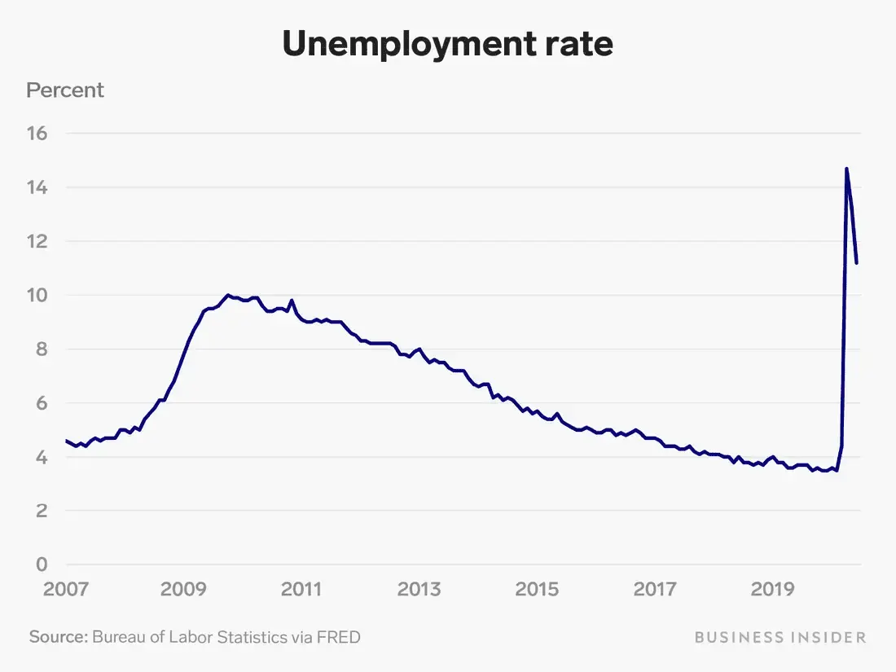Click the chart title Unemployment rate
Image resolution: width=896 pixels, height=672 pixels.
[447, 45]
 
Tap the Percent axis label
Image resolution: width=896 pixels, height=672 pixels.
[65, 90]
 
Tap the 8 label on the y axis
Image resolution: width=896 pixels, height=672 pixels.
[42, 349]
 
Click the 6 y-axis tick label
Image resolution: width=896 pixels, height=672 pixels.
[42, 403]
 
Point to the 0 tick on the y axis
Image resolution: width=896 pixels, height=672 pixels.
[42, 564]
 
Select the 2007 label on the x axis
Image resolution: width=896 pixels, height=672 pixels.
[65, 589]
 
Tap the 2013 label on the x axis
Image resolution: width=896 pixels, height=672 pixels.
[419, 589]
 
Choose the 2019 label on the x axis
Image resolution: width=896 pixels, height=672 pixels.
[772, 589]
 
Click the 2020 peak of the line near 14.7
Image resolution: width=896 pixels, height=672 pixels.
[846, 169]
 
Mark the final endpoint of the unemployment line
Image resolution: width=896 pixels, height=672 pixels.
[858, 262]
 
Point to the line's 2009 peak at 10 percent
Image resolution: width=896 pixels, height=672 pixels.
[228, 295]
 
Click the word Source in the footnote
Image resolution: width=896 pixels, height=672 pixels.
[57, 636]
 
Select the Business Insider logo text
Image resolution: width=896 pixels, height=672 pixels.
[780, 637]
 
